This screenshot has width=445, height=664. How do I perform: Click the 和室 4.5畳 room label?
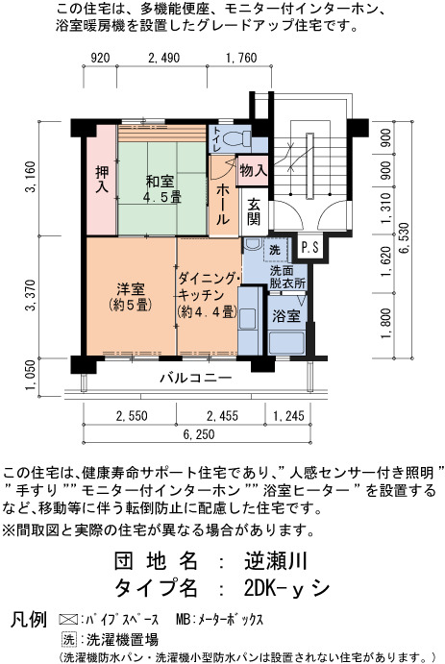pos(162,189)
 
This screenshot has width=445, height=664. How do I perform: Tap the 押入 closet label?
pos(102,180)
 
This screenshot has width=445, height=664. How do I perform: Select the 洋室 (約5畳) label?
pos(131,297)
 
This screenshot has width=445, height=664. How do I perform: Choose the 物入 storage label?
pos(253,171)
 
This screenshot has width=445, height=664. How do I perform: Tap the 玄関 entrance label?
pos(254,211)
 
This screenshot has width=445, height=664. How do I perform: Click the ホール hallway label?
pos(223,205)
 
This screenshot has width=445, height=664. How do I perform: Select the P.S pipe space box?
pos(310,247)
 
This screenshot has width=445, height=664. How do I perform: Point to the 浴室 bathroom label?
pos(286,316)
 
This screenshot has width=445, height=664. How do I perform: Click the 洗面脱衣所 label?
pos(288,278)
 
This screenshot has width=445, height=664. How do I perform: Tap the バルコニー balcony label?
pos(196,378)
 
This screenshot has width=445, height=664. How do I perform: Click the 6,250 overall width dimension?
pos(199,434)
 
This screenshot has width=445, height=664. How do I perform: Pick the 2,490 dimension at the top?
pos(163,58)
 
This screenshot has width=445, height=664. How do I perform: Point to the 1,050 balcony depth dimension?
pos(31,377)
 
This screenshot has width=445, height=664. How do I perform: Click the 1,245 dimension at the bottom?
pos(288,416)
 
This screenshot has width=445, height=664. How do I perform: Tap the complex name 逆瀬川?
pos(276,561)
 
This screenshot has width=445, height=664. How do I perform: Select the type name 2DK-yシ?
pos(286,588)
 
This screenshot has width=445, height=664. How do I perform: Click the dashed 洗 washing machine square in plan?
pos(275,250)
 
